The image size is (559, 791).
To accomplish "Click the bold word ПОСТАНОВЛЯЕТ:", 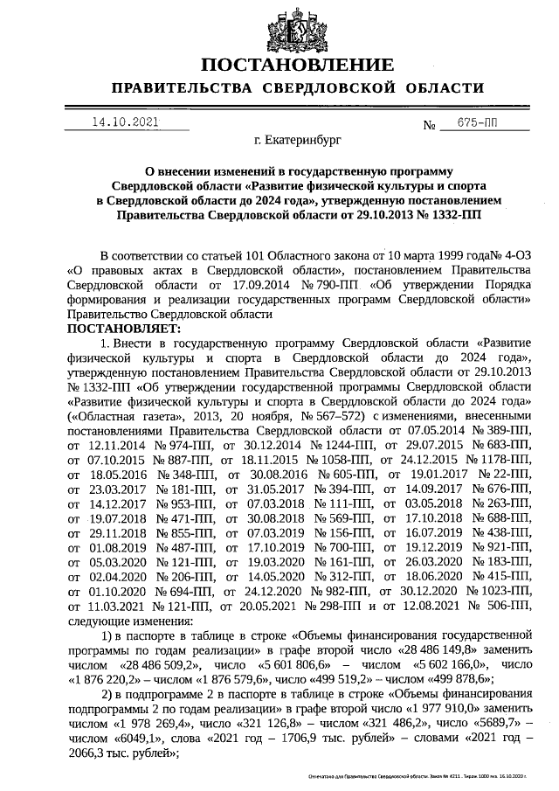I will [x=123, y=329].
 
